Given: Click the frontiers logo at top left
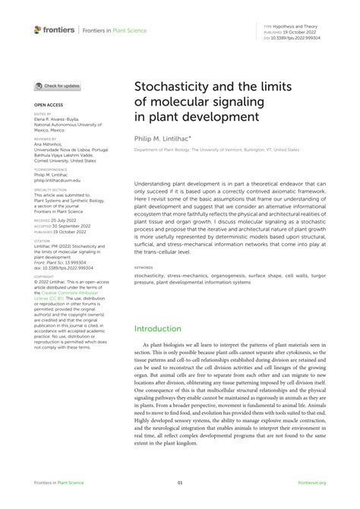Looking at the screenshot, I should click(x=53, y=30).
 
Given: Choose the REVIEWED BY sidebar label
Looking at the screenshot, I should click(x=45, y=140).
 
